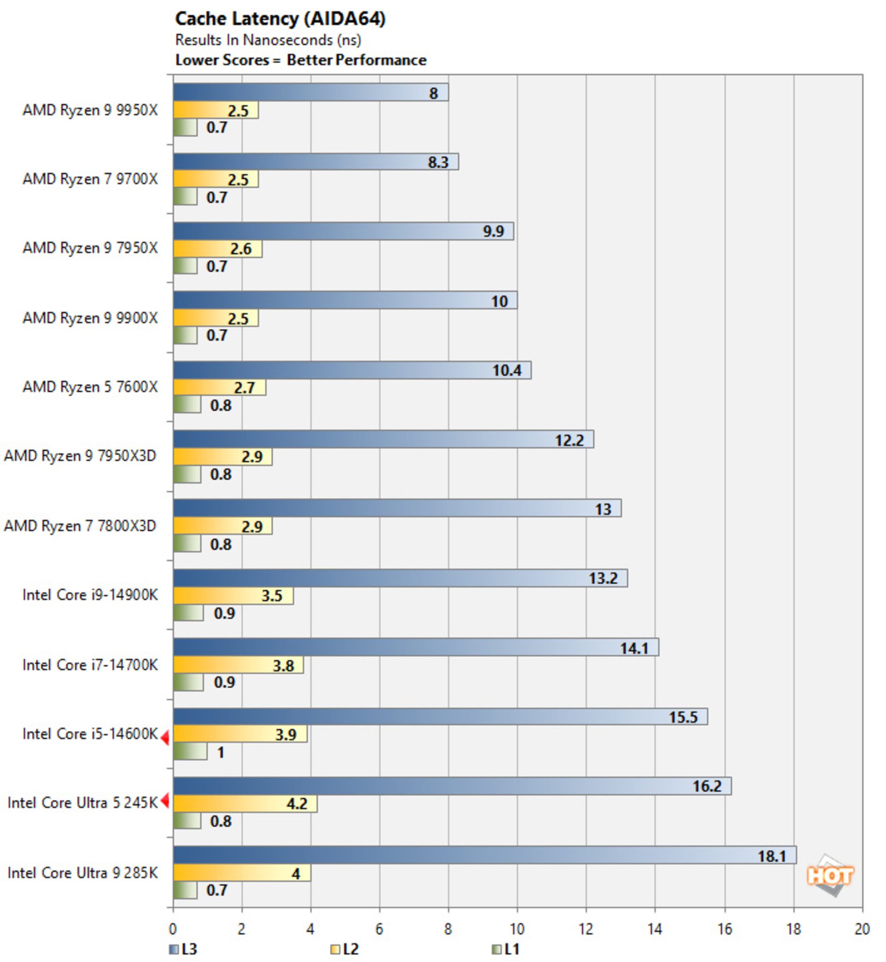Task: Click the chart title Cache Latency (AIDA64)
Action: click(x=280, y=19)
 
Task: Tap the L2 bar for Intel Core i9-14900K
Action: click(x=233, y=595)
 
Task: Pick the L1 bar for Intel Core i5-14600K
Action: click(x=190, y=751)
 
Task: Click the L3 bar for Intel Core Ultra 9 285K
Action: click(x=484, y=855)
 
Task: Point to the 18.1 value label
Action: click(x=772, y=856)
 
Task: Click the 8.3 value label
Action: click(x=438, y=162)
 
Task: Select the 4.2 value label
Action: click(x=297, y=803)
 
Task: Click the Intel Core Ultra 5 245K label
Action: click(x=83, y=803)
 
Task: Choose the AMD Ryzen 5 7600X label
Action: click(x=90, y=387)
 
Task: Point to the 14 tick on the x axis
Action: click(x=655, y=929)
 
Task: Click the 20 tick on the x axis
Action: click(x=862, y=929)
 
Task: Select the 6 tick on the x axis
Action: click(x=379, y=929)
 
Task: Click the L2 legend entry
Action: click(x=345, y=949)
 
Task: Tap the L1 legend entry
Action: click(x=506, y=949)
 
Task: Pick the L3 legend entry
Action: click(x=183, y=949)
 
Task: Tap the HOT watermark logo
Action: click(x=830, y=875)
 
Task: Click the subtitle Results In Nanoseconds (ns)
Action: click(x=268, y=40)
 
